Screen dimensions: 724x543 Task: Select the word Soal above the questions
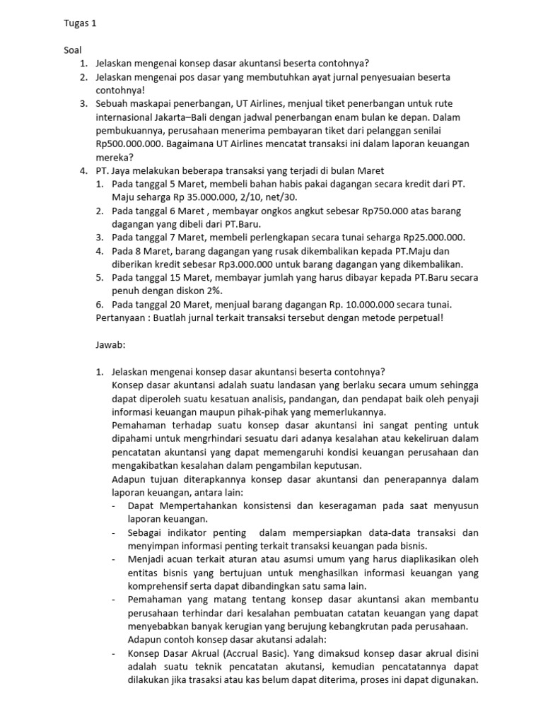[x=72, y=51]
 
